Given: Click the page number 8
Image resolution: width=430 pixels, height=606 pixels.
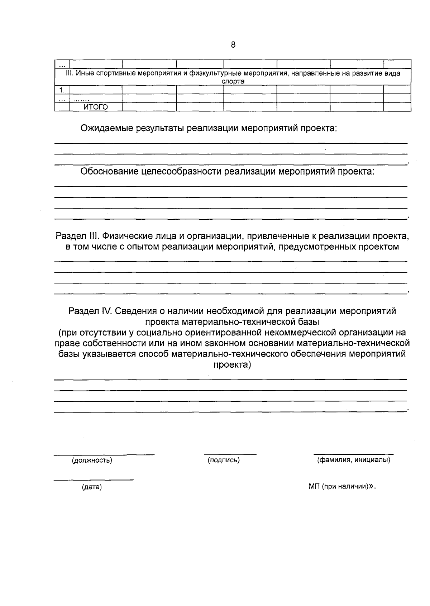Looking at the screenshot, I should point(233,45).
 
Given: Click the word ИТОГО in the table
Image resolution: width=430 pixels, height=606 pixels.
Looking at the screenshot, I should point(95,107).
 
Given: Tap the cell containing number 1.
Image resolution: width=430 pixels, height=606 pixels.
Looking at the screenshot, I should point(62,90).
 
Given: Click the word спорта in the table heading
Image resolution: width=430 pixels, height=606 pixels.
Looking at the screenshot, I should point(233,82).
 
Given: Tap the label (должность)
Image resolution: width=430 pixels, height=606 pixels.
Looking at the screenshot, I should point(92,461).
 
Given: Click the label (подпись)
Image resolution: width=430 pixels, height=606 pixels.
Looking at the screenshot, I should point(224,460).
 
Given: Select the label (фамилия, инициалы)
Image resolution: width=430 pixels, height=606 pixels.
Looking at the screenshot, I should point(353,460).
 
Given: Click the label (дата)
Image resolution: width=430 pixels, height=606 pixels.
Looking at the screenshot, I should point(92,487).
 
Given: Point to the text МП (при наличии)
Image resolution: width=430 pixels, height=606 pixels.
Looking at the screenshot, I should point(339,487).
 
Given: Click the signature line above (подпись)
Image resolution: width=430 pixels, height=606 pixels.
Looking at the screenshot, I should point(230,454).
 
